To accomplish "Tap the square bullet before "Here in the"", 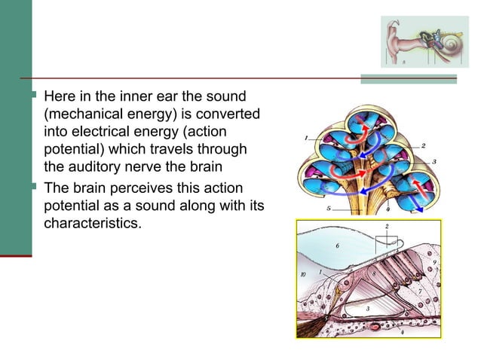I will coord(36,97).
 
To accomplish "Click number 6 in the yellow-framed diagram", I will coord(338,245).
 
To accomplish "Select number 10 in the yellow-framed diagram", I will coord(303,276).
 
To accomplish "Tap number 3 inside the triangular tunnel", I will coord(366,310).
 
